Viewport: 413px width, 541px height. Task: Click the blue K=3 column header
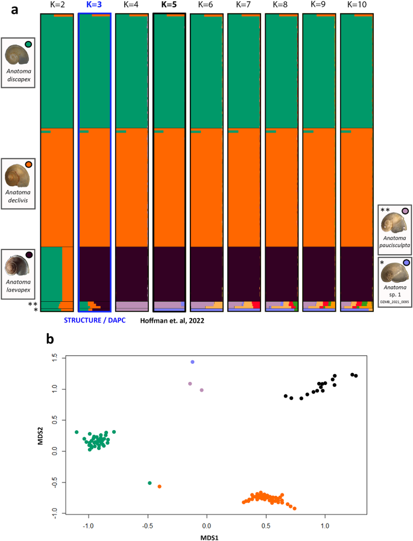coord(94,5)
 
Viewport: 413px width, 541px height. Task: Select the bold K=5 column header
coord(169,5)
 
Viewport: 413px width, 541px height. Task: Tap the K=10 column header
coord(356,5)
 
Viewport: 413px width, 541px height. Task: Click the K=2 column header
coord(56,5)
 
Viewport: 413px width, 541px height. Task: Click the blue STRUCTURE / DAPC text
coord(94,320)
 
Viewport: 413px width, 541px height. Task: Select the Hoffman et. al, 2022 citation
coord(172,321)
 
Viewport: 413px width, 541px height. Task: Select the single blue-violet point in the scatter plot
coord(192,362)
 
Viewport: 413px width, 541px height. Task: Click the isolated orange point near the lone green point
coord(159,486)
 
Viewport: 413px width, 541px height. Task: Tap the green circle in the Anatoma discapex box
coord(28,43)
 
